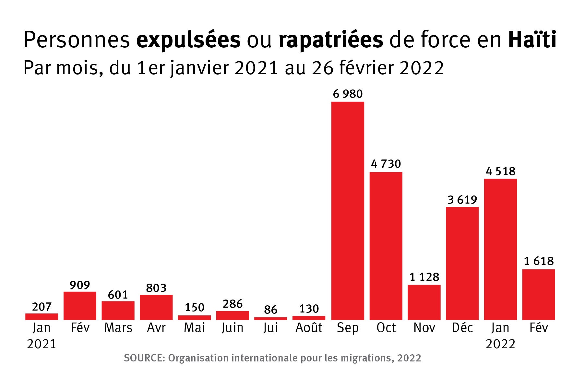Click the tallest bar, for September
pyautogui.click(x=348, y=211)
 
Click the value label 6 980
pyautogui.click(x=348, y=94)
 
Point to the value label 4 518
pyautogui.click(x=500, y=171)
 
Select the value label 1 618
pyautogui.click(x=539, y=261)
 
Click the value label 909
pyautogui.click(x=80, y=285)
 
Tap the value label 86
pyautogui.click(x=270, y=310)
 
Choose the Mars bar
pyautogui.click(x=118, y=311)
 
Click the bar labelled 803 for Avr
pyautogui.click(x=156, y=307)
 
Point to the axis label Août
pyautogui.click(x=309, y=328)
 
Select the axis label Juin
pyautogui.click(x=232, y=328)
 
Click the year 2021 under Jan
pyautogui.click(x=42, y=344)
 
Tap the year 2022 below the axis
pyautogui.click(x=500, y=344)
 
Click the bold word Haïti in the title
pyautogui.click(x=532, y=40)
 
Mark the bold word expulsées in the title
pyautogui.click(x=188, y=40)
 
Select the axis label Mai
pyautogui.click(x=194, y=328)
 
